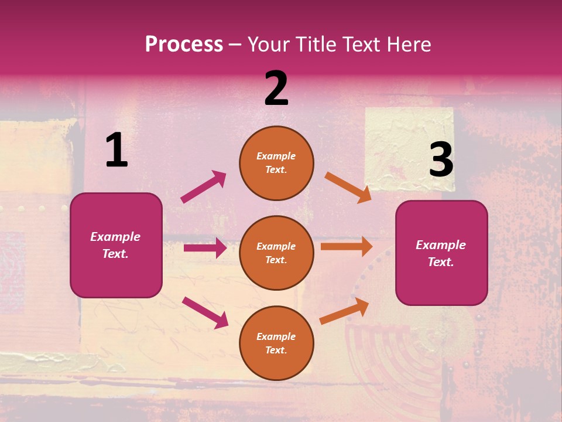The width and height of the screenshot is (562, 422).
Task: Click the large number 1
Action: pos(116,151)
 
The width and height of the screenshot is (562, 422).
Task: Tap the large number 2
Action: pos(276,89)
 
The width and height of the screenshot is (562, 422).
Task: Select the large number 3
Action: pos(441,160)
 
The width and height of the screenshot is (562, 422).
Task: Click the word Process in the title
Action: pos(184,45)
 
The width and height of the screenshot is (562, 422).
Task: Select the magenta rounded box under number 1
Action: pos(116,245)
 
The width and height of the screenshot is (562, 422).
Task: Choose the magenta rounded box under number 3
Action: pos(441,253)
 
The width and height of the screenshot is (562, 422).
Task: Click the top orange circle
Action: pos(276,163)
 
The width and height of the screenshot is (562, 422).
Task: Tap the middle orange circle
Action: pos(276,253)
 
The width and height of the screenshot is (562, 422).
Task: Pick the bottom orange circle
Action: pos(276,343)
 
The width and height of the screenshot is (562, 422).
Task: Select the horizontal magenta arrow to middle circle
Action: pos(205,248)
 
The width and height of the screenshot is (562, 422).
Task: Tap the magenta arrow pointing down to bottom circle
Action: pos(205,312)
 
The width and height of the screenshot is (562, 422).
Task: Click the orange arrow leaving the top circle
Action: pos(348,188)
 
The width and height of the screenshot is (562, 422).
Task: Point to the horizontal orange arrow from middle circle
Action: pos(347,247)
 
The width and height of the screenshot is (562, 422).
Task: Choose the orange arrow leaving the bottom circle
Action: pos(344,311)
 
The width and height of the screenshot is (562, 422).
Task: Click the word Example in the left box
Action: pos(115,237)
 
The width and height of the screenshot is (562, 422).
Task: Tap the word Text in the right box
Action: pos(440,262)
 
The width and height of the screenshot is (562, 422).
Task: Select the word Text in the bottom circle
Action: pos(276,350)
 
